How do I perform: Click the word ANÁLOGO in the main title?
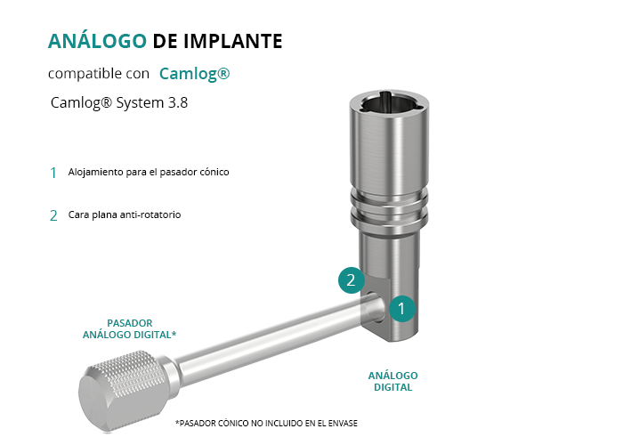97,41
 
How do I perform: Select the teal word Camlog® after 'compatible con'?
195,74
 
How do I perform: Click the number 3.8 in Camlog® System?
178,102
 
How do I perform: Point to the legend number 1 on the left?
53,173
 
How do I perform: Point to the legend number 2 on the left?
53,215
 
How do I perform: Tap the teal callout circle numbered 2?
352,280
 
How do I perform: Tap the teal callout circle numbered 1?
401,309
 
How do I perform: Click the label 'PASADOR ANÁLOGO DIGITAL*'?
130,329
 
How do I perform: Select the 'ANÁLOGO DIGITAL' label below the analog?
393,382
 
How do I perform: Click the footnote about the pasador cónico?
267,423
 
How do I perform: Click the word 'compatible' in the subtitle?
85,74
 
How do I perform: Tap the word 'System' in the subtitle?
140,103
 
